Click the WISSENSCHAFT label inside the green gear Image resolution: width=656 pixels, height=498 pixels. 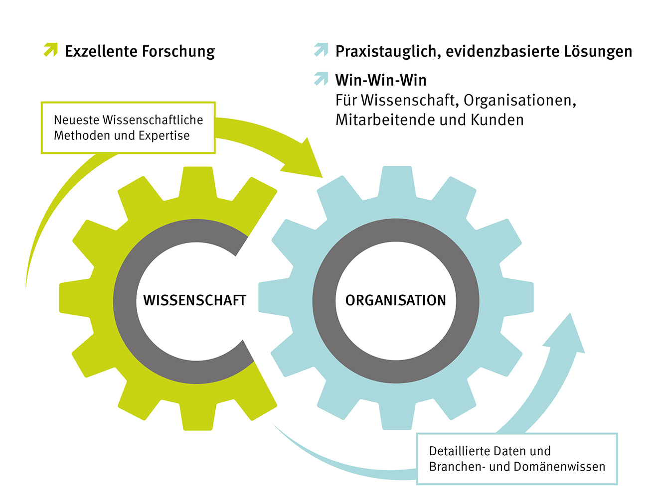click(x=194, y=300)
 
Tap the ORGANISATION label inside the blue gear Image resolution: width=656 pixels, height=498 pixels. click(x=395, y=300)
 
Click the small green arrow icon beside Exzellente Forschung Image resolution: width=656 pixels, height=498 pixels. click(x=50, y=50)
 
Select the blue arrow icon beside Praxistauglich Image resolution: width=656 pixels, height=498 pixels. click(x=321, y=50)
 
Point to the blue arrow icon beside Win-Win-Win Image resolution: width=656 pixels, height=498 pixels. click(x=321, y=79)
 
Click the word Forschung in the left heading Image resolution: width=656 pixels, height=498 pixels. click(x=178, y=51)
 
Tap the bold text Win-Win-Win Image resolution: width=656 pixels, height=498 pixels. click(x=381, y=80)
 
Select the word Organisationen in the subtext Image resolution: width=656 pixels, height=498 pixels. click(x=520, y=101)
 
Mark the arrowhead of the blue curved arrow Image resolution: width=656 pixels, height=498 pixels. click(x=567, y=334)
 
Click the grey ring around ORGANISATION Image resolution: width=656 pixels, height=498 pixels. click(x=325, y=300)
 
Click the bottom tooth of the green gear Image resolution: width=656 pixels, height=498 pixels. click(x=198, y=418)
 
